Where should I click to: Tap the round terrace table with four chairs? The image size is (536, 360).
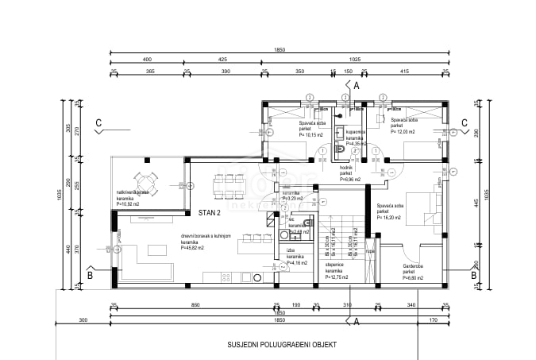pyautogui.click(x=144, y=184)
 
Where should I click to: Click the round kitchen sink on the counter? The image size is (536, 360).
pyautogui.click(x=256, y=277)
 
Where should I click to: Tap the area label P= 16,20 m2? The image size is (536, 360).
pyautogui.click(x=391, y=216)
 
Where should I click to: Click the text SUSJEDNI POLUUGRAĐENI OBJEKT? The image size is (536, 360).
pyautogui.click(x=281, y=345)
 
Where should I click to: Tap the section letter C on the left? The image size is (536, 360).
pyautogui.click(x=98, y=122)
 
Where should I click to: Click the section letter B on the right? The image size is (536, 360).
pyautogui.click(x=474, y=275)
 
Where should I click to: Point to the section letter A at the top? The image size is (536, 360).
pyautogui.click(x=357, y=84)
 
